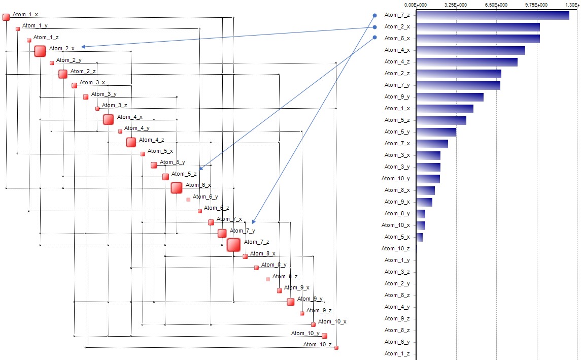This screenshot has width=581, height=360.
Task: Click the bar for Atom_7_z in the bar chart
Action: pos(492,15)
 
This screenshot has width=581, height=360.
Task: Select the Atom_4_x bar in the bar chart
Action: pos(470,50)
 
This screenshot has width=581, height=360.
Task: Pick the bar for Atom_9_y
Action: pos(450,97)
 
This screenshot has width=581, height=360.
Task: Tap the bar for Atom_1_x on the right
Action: pos(445,109)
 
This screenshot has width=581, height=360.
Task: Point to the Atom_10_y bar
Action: pos(428,179)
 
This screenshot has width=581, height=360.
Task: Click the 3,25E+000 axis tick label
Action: pos(456,4)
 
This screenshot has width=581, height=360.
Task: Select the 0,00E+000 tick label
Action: pos(416,4)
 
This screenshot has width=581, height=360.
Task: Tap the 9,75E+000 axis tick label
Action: pos(536,4)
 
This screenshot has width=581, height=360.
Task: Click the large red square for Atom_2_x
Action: pos(40,51)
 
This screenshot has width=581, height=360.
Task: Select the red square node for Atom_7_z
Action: pos(233,245)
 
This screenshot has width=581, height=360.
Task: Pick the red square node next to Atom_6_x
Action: pos(177,188)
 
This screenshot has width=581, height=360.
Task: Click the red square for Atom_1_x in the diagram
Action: pos(6,17)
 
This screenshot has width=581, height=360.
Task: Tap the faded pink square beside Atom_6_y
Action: pos(188,200)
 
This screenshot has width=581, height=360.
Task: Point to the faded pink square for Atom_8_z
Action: pos(268,279)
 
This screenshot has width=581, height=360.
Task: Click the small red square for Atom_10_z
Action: pos(336,348)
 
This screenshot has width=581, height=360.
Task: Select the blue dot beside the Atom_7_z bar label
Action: pos(375,15)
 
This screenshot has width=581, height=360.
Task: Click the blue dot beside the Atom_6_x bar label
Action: pos(375,38)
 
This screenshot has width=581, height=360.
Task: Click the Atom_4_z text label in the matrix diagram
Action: pos(152,140)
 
